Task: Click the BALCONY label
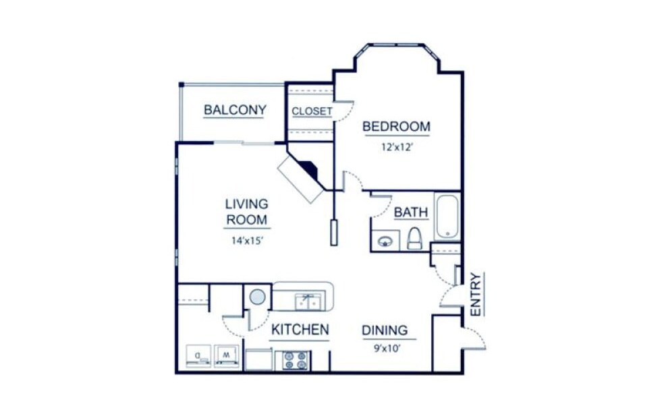click(235, 110)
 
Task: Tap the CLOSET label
click(311, 111)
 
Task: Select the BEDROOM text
click(396, 126)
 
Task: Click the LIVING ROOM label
click(246, 211)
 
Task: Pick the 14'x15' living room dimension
click(246, 241)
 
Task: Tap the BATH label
click(410, 212)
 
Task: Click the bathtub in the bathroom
click(447, 216)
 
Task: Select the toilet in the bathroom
click(414, 239)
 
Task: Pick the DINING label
click(385, 330)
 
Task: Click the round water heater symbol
click(256, 296)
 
